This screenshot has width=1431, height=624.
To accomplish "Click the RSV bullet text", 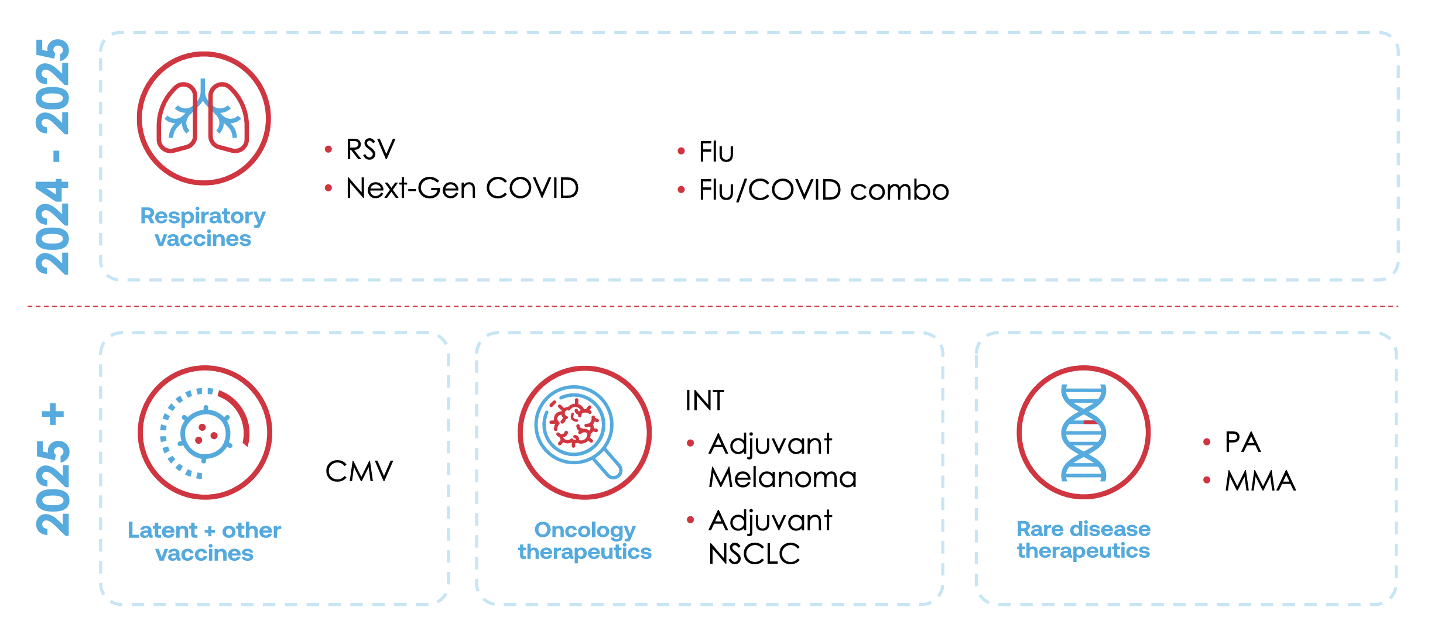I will click(x=370, y=149).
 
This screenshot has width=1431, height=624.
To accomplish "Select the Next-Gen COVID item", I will click(x=462, y=188).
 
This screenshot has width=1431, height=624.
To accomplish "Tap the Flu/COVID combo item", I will click(x=823, y=190).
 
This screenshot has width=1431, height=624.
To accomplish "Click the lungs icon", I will click(x=203, y=118).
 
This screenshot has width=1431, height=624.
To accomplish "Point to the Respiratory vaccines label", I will click(x=203, y=227).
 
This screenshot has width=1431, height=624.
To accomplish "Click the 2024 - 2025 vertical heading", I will click(x=53, y=156).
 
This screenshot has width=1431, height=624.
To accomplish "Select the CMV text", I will click(x=359, y=471).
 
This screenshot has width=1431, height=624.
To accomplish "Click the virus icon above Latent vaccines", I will click(x=204, y=433).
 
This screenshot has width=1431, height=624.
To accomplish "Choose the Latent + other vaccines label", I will click(x=204, y=541).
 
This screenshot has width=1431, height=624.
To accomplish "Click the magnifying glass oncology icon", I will click(x=584, y=433).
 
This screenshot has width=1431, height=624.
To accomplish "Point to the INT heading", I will click(x=704, y=401).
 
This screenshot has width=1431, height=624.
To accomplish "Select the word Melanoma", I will click(x=782, y=478).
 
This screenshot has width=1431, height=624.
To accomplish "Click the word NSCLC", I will click(x=754, y=554).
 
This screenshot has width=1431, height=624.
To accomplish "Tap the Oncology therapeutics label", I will click(x=584, y=541).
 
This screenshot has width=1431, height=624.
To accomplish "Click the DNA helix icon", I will click(x=1083, y=433).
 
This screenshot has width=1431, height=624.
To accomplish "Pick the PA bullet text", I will click(x=1242, y=443).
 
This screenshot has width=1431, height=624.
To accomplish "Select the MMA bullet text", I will click(x=1260, y=481).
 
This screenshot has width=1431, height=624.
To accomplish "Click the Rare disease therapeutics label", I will click(x=1083, y=540).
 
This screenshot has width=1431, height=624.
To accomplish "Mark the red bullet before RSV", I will click(x=328, y=150).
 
